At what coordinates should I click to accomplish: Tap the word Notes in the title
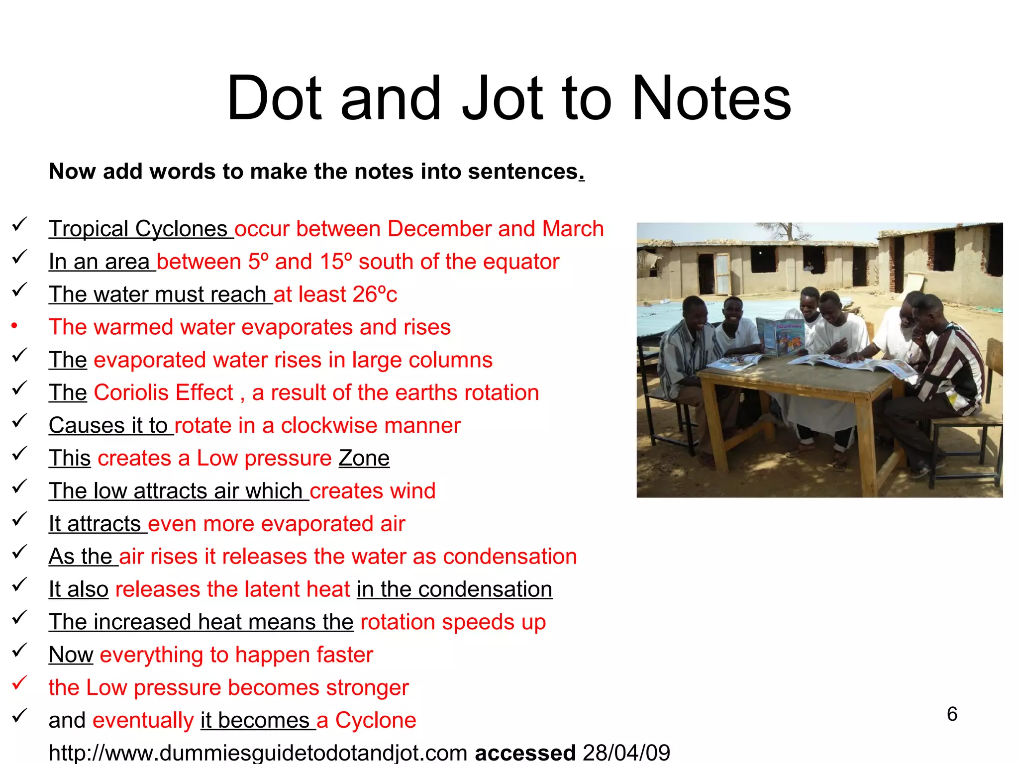[x=711, y=98]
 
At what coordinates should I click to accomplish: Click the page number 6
[x=952, y=714]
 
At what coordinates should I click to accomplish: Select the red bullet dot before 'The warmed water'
[x=15, y=326]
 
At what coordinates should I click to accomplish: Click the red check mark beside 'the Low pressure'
[x=19, y=683]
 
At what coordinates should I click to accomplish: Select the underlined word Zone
[x=364, y=458]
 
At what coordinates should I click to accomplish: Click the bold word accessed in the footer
[x=525, y=753]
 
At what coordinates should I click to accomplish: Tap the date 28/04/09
[x=626, y=753]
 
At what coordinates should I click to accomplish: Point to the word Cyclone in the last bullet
[x=375, y=720]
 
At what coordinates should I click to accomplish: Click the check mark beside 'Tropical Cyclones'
[x=19, y=225]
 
